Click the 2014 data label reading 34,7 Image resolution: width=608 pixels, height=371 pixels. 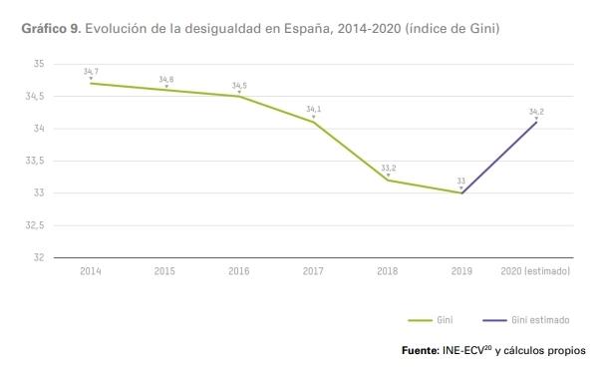point(91,72)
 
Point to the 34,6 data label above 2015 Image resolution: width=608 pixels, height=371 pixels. point(165,79)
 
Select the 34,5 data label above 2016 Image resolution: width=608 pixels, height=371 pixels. point(239,85)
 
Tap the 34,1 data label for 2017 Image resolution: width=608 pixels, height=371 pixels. point(313,109)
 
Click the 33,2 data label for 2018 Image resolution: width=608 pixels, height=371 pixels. point(388,168)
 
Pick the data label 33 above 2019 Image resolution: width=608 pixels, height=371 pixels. point(461,181)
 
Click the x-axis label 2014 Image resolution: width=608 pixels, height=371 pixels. point(91,271)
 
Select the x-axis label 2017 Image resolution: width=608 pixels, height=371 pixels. point(313,271)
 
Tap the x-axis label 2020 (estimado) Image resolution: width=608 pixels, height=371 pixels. point(535,271)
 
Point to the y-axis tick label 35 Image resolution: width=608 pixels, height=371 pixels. point(39,64)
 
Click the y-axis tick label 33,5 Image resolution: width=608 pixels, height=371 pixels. point(36,161)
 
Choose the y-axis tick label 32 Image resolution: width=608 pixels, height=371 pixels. point(39,257)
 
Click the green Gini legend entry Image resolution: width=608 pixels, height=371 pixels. point(432,320)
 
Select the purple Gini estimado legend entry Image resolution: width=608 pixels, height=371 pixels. point(525,320)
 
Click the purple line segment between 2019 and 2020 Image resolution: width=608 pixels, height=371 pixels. point(499,158)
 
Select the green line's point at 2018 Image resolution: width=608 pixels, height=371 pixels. point(388,181)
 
